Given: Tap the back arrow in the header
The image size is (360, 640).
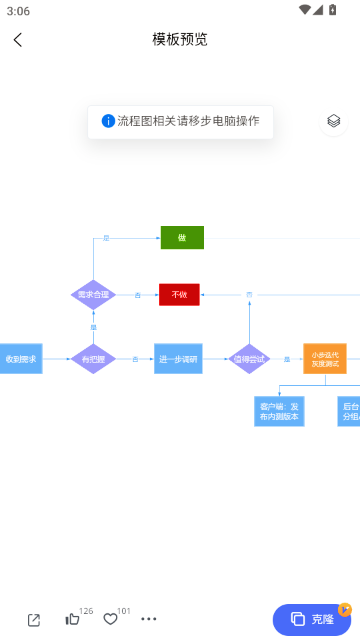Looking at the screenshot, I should (18, 40).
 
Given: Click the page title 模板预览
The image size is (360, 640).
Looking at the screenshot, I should (180, 40).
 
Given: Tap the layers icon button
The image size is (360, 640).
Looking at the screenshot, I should (334, 121).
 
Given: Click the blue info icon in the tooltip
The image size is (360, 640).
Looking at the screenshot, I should (108, 120).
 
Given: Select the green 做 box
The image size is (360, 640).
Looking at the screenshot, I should (182, 237).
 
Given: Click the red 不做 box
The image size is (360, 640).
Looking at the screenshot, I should (179, 295).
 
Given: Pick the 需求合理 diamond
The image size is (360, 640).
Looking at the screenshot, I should (93, 295).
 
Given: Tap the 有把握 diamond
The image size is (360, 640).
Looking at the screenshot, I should (93, 358).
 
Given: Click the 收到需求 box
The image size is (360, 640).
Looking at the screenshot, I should (20, 358).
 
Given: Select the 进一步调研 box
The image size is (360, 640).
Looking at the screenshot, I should (178, 358).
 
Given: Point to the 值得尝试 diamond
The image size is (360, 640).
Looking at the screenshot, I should (249, 358).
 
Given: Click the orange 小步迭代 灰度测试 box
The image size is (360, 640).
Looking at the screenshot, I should (325, 358).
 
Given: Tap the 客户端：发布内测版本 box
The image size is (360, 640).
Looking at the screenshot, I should (279, 411).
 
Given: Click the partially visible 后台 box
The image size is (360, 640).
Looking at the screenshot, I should (349, 411).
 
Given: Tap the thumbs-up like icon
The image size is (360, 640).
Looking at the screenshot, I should (72, 619).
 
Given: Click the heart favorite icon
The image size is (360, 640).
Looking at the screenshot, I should (110, 619).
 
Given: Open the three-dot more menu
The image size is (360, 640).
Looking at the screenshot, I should (149, 619).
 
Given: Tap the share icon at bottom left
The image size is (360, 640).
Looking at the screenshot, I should (34, 619).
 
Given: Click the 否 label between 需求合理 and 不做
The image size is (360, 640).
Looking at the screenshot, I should (138, 295).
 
